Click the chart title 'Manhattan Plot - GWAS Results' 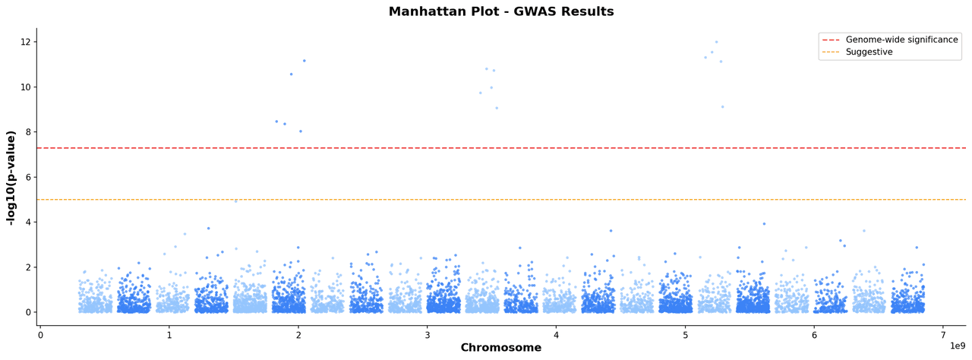(x=501, y=12)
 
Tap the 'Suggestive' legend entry (x=869, y=52)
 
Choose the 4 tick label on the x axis (x=556, y=335)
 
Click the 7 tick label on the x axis (x=943, y=335)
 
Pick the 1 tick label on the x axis (x=169, y=335)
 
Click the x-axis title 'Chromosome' (x=501, y=348)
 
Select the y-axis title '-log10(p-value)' (x=11, y=178)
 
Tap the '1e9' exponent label (x=957, y=346)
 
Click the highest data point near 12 (x=716, y=43)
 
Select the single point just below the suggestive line (x=236, y=201)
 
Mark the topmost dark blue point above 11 (x=305, y=61)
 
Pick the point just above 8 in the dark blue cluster (x=301, y=131)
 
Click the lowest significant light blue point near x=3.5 (x=497, y=108)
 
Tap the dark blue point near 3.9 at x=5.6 (x=764, y=224)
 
